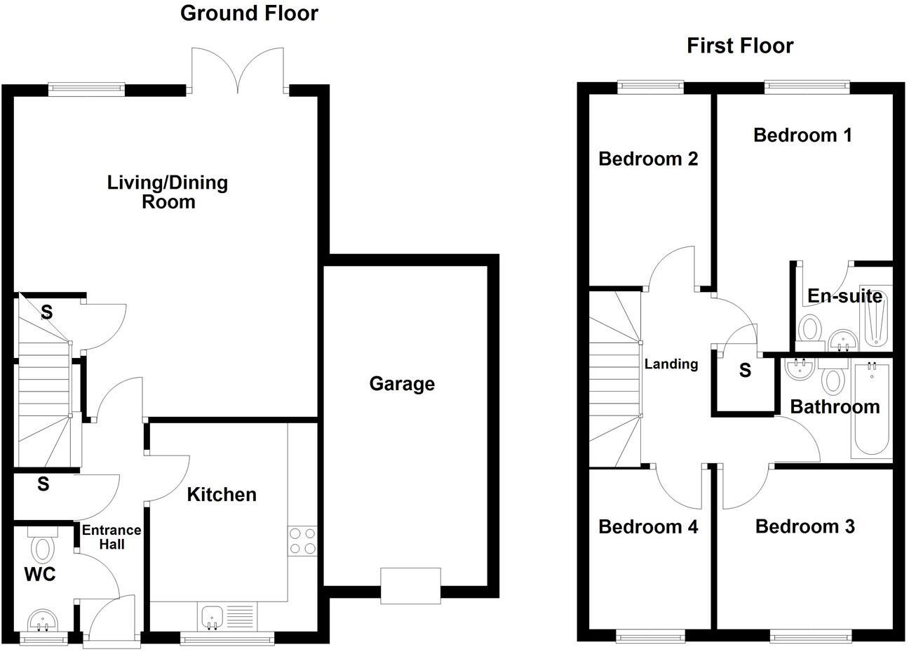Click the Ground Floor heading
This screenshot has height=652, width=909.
[249, 13]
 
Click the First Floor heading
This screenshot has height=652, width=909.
[740, 46]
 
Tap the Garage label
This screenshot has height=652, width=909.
[402, 384]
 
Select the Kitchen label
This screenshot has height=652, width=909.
[222, 495]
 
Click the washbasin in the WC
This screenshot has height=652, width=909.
[43, 620]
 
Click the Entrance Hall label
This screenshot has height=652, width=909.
[112, 537]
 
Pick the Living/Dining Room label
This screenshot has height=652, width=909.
[168, 192]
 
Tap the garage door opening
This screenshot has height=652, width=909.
[411, 585]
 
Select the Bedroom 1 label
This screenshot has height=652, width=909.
[802, 135]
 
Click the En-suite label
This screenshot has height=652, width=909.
[844, 296]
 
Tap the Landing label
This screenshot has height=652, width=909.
[671, 364]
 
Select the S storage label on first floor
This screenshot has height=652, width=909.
[745, 370]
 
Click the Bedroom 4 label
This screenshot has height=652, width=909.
[648, 527]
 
